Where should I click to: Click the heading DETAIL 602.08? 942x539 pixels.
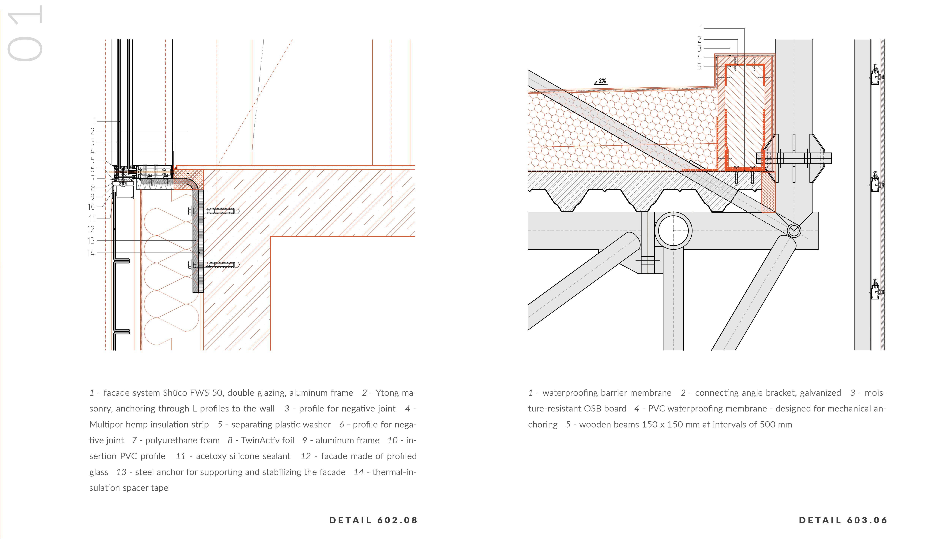click(373, 520)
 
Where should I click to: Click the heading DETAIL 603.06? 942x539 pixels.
click(843, 520)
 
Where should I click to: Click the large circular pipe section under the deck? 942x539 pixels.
click(674, 231)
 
